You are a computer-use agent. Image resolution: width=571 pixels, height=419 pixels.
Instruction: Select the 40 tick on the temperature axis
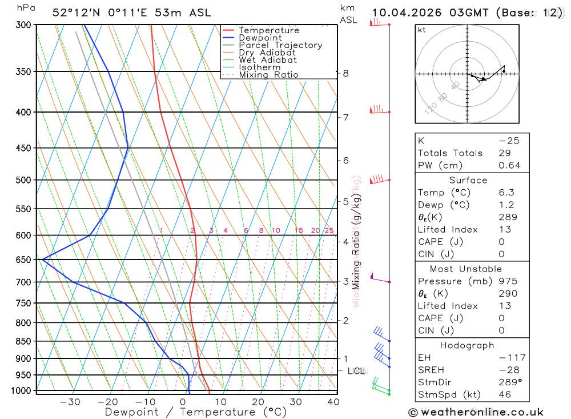(332, 402)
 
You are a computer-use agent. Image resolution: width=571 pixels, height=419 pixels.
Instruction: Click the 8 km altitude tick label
(346, 73)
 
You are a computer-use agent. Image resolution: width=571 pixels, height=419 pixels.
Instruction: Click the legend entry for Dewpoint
(260, 38)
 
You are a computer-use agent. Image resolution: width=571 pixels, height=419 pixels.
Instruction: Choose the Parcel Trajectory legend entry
(280, 45)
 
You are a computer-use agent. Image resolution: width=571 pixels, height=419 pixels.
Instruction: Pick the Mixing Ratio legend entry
(268, 75)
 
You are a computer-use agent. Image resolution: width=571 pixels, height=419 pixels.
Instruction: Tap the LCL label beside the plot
(356, 371)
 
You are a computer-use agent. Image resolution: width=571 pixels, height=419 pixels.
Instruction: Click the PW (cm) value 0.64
(509, 166)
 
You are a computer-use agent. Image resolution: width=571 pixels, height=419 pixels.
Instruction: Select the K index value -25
(509, 141)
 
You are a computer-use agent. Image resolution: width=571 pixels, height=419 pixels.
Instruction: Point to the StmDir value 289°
(509, 382)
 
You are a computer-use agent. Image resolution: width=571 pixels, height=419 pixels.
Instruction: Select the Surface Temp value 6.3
(506, 193)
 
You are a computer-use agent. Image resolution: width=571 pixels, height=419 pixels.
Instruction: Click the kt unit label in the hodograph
(421, 30)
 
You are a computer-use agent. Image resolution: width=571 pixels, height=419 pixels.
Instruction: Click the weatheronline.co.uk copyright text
(476, 412)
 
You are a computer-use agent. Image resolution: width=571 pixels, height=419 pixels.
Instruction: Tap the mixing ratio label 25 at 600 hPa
(329, 231)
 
